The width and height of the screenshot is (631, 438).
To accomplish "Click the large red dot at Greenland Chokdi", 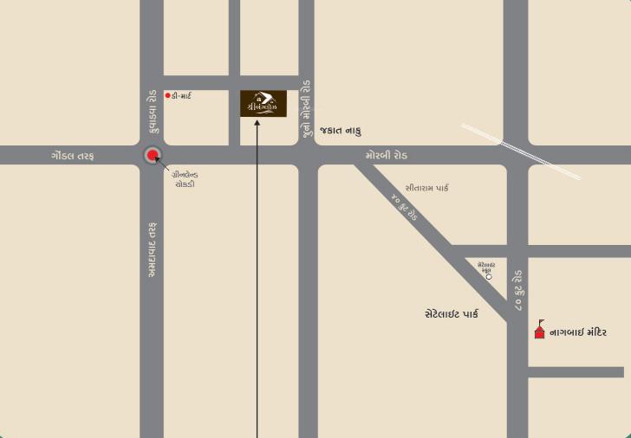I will (x=153, y=156).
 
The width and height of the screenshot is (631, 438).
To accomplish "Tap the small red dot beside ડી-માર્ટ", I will (x=167, y=95).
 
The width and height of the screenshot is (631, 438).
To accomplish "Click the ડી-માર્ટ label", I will (x=182, y=95).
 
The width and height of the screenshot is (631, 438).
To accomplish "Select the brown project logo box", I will (x=263, y=103).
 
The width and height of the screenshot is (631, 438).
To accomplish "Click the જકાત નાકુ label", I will (x=341, y=130).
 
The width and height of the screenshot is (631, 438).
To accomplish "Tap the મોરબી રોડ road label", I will (x=386, y=156).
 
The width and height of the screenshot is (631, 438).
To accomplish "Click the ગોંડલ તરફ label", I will (x=72, y=156).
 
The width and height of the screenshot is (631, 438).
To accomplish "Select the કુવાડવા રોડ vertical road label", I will (x=152, y=110).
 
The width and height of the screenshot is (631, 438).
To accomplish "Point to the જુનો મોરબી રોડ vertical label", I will (x=306, y=111).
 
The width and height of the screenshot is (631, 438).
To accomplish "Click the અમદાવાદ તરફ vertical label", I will (x=152, y=249).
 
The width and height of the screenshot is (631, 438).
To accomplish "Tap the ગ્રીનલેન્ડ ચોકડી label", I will (x=184, y=179).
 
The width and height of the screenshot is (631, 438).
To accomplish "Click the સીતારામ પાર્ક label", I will (x=427, y=188).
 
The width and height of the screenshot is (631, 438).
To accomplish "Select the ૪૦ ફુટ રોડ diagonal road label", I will (x=405, y=208).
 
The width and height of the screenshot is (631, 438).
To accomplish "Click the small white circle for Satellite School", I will (x=489, y=277).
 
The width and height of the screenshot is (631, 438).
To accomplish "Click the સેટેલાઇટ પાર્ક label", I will (x=452, y=314).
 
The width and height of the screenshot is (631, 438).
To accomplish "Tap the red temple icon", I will (x=539, y=329).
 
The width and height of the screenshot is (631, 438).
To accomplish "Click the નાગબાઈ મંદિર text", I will (x=578, y=332).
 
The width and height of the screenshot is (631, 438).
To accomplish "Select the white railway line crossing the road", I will (x=520, y=151).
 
